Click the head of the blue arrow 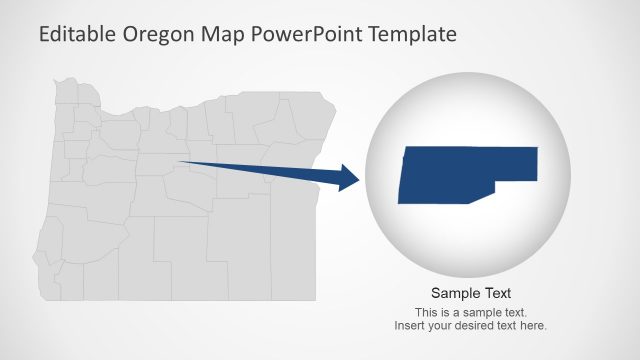tap(349, 179)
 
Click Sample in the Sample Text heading tap(452, 294)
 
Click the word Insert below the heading tap(410, 326)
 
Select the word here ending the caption tap(533, 326)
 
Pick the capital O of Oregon tap(130, 34)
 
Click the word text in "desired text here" tap(508, 326)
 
